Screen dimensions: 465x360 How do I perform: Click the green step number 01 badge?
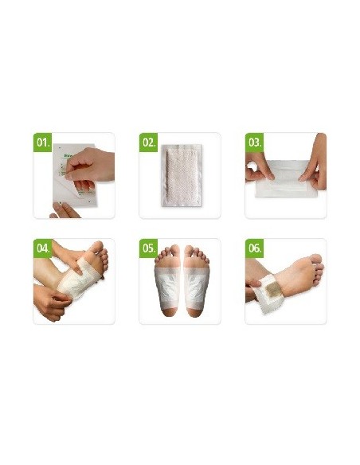[x=43, y=144]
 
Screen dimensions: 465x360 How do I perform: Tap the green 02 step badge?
[x=149, y=144]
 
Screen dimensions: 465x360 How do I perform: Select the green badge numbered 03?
[x=255, y=144]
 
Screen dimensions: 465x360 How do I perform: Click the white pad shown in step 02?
[x=180, y=177]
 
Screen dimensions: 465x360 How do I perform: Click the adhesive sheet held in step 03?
[x=285, y=181]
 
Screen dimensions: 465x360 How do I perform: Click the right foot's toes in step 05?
[x=197, y=253]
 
